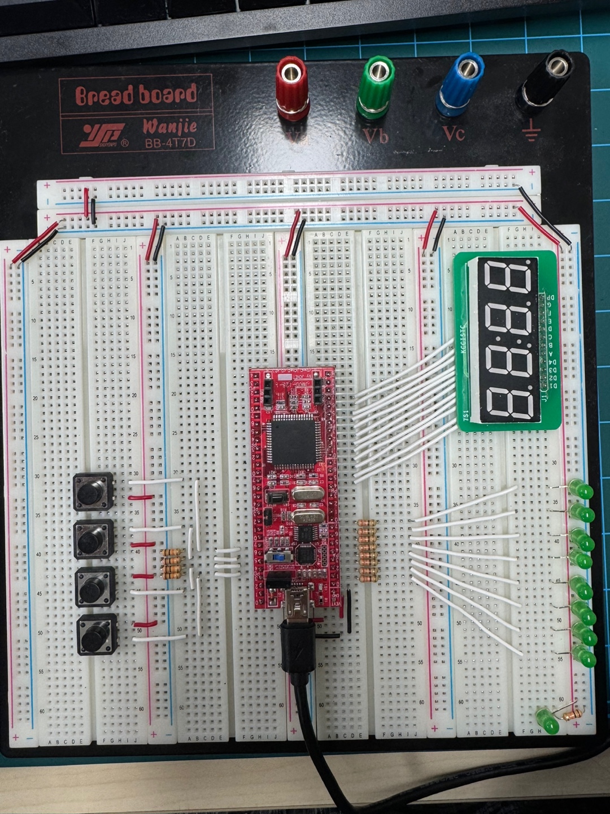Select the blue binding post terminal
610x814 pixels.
pyautogui.click(x=460, y=82)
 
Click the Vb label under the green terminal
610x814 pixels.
pyautogui.click(x=375, y=136)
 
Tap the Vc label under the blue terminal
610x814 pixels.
pyautogui.click(x=453, y=133)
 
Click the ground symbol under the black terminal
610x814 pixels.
pyautogui.click(x=530, y=135)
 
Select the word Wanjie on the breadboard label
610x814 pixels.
pyautogui.click(x=169, y=125)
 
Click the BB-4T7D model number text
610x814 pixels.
pyautogui.click(x=170, y=143)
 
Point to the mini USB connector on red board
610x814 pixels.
pyautogui.click(x=297, y=607)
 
